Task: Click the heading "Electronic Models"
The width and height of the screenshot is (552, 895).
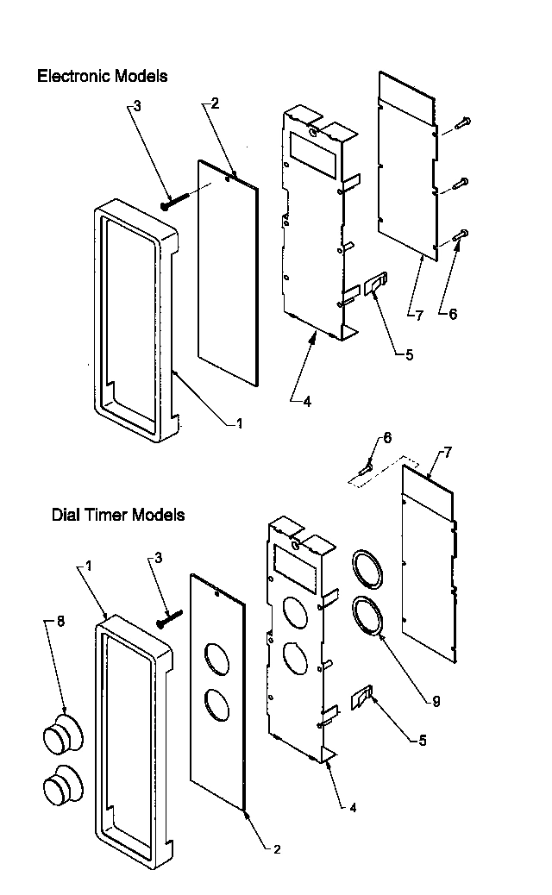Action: click(102, 76)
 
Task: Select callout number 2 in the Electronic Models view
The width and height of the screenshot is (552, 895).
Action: click(215, 103)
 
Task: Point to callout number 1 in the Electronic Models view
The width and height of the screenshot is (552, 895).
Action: click(240, 422)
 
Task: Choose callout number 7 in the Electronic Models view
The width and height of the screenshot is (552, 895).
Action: click(418, 315)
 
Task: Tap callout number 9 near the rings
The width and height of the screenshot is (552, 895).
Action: click(436, 702)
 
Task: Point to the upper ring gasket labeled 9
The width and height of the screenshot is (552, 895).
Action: click(367, 570)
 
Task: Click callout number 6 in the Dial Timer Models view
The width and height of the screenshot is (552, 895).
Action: click(387, 438)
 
